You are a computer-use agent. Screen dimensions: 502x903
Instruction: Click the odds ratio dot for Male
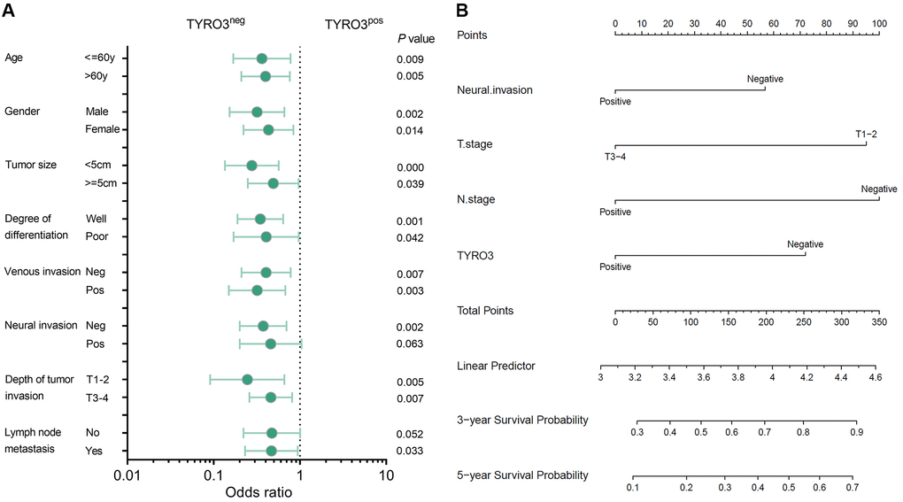[257, 112]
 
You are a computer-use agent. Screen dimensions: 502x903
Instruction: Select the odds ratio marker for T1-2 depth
[247, 380]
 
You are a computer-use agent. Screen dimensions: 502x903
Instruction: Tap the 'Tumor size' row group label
[34, 165]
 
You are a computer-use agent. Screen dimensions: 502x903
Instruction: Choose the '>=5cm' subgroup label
[101, 183]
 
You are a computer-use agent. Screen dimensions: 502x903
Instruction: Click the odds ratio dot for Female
[268, 130]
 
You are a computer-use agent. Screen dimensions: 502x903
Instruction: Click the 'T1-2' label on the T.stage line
[866, 134]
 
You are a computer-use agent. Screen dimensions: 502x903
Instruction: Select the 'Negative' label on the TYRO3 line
[805, 243]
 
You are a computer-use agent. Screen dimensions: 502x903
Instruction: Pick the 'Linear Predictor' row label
[496, 366]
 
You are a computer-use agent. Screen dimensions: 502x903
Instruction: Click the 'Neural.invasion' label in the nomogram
[496, 90]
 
